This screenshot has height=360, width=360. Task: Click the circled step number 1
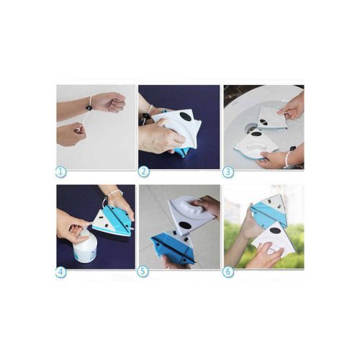[61, 172]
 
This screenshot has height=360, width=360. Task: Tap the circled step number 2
[144, 172]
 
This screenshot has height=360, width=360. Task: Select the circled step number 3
[228, 172]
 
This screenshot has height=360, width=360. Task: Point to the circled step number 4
[61, 272]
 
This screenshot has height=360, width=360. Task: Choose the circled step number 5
[143, 272]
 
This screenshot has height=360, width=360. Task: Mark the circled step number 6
[228, 272]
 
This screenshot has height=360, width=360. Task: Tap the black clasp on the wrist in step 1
[89, 108]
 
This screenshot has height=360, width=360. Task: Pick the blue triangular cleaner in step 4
[112, 220]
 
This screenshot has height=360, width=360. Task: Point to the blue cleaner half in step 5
[171, 247]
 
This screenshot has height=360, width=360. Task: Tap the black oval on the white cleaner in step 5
[184, 225]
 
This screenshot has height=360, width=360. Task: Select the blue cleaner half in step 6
[269, 211]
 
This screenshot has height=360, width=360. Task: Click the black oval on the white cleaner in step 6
[276, 231]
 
